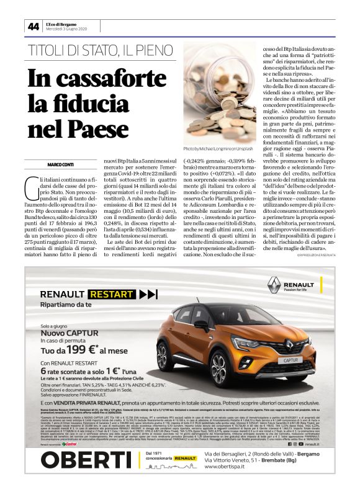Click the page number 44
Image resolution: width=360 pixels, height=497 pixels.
pos(33,25)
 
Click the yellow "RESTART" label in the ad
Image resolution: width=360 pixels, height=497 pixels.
pos(110,294)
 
